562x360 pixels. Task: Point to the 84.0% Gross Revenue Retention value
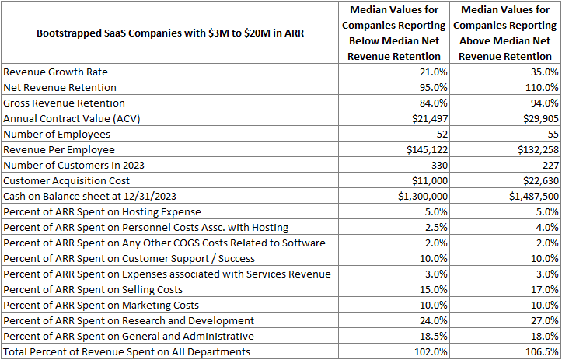click(430, 103)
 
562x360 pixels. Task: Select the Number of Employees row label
click(62, 134)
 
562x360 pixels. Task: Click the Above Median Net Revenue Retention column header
click(506, 33)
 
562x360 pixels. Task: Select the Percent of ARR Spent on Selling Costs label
click(101, 289)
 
